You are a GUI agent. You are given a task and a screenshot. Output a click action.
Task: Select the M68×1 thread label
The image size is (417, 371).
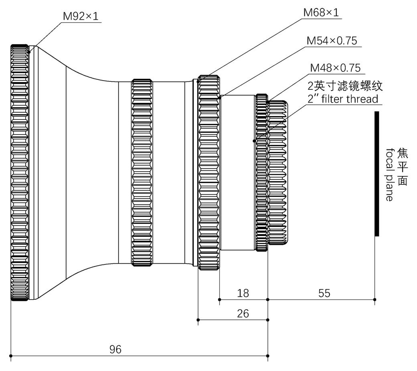tap(321, 12)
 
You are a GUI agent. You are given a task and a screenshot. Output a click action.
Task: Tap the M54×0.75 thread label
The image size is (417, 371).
tap(332, 41)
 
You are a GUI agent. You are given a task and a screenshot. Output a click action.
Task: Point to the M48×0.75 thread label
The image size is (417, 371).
tap(335, 67)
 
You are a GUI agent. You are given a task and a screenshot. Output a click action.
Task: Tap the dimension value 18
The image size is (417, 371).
tap(243, 293)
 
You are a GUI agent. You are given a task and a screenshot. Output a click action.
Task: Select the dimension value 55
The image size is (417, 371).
tap(324, 293)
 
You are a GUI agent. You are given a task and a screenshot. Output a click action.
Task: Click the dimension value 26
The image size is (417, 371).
tap(243, 313)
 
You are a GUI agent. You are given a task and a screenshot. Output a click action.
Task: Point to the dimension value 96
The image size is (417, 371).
tap(115, 349)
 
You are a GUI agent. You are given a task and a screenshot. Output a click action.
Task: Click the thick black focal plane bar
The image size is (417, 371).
tap(377, 173)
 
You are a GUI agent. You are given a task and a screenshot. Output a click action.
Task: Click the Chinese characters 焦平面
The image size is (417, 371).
tap(402, 167)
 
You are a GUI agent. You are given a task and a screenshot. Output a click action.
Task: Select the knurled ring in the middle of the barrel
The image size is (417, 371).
tap(142, 172)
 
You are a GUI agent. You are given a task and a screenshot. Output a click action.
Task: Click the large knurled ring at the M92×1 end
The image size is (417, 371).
tap(19, 172)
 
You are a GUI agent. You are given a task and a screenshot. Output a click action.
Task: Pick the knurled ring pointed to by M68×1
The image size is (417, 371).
tap(208, 172)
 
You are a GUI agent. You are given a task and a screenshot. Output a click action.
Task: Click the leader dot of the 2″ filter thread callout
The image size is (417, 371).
tap(254, 141)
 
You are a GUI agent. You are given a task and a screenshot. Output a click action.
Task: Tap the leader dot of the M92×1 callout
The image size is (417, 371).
tap(29, 51)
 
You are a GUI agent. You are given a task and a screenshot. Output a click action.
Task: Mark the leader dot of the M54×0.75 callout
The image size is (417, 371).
tap(219, 97)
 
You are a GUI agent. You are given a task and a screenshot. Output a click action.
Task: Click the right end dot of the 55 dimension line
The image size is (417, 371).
tap(374, 299)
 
